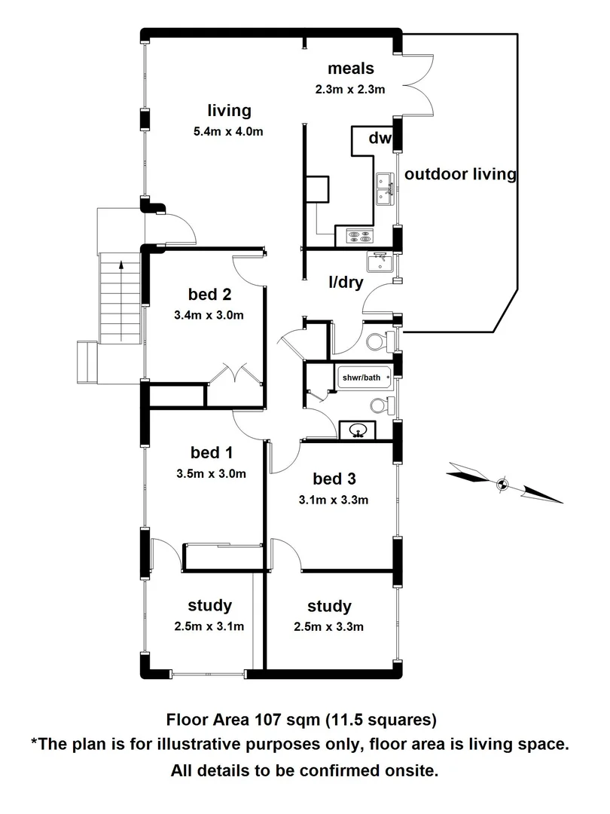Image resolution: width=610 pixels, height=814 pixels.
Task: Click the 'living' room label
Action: coord(229,111)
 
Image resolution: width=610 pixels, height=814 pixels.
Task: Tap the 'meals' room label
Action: coord(350,69)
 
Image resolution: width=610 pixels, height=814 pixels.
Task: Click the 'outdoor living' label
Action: coord(460,174)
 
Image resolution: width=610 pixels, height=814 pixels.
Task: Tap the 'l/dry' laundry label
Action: coord(346,283)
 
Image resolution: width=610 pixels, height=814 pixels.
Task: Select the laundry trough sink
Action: coord(379,262)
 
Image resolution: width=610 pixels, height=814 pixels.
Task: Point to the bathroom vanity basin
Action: coord(358,431)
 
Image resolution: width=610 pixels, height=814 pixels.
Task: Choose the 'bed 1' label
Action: coord(211,453)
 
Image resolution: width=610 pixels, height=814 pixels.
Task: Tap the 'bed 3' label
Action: coord(334,478)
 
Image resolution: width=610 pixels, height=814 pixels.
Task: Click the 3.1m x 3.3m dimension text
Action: coord(334,500)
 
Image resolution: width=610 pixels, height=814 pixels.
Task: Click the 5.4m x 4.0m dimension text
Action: coord(229,133)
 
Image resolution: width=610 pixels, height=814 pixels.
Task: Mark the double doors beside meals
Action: coord(419,84)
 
